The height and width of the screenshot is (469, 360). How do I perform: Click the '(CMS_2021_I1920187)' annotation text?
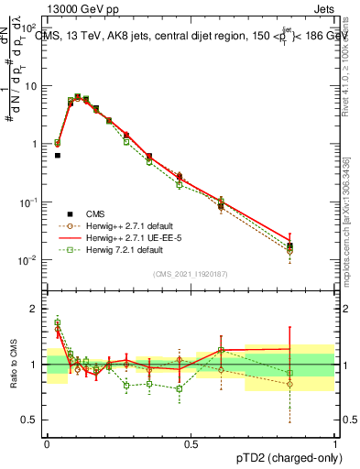pyautogui.click(x=191, y=273)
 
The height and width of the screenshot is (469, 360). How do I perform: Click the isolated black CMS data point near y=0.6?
pyautogui.click(x=57, y=156)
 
